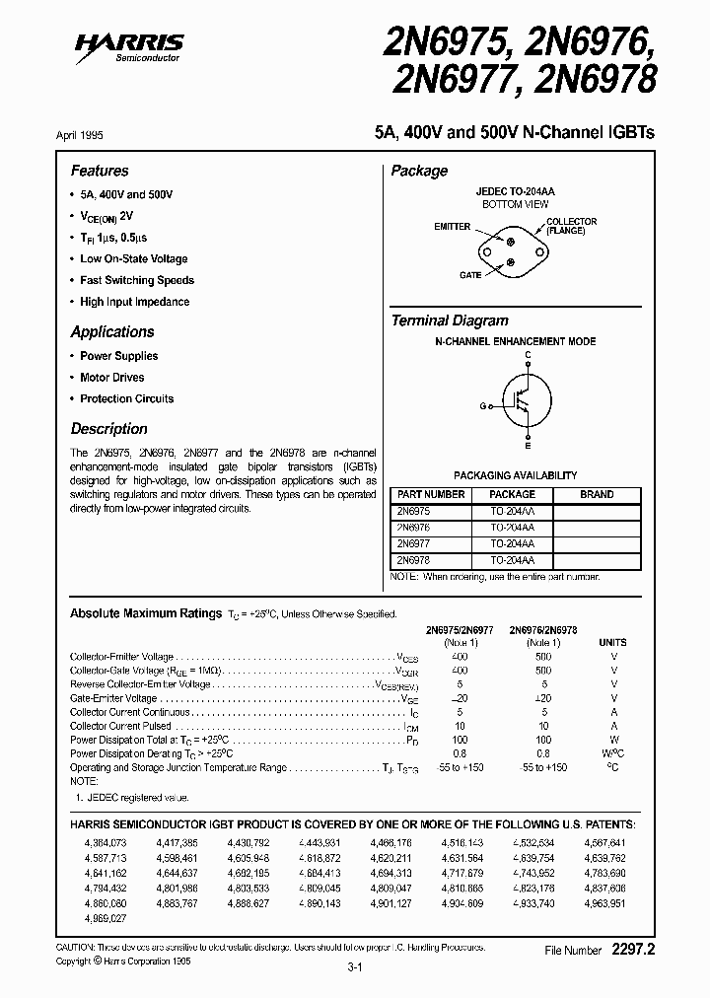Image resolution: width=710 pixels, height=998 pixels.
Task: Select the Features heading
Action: [100, 171]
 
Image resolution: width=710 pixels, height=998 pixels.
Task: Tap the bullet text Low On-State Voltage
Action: [133, 258]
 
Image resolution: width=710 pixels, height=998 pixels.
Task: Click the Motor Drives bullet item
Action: [111, 378]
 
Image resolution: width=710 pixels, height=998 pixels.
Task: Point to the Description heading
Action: [108, 429]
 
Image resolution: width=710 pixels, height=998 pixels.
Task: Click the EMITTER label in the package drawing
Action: [453, 227]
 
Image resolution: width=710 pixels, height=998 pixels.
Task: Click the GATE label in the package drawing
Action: [469, 275]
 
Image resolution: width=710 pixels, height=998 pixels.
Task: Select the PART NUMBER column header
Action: [430, 494]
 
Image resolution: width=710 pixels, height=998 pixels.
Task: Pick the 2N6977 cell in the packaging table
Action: [413, 543]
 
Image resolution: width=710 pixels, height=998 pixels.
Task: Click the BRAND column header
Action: [597, 494]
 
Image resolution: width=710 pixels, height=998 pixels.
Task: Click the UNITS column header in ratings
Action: [612, 642]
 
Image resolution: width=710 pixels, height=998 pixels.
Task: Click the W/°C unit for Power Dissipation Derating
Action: [612, 753]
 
